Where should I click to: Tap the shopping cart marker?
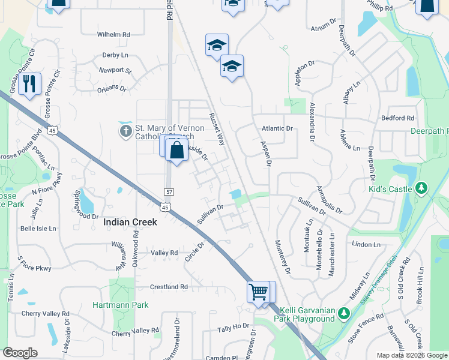[x=258, y=293]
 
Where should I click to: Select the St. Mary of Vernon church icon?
[x=126, y=130]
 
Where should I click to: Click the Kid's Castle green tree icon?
[x=421, y=188]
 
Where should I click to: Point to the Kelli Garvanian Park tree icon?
[x=343, y=313]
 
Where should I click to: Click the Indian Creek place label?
[x=130, y=222]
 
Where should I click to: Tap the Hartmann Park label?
[x=120, y=305]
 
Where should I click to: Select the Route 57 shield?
[x=169, y=191]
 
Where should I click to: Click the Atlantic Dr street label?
[x=277, y=128]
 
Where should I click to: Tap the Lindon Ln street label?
[x=367, y=245]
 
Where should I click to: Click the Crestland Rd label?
[x=165, y=287]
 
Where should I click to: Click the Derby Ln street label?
[x=115, y=55]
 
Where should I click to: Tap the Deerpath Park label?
[x=430, y=131]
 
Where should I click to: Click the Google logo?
[x=20, y=353]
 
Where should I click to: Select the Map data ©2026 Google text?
[x=411, y=355]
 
